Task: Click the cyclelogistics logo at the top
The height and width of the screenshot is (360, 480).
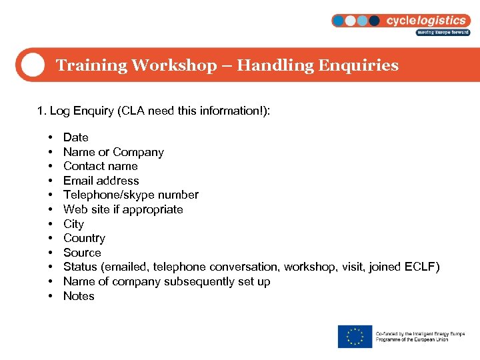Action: (401, 21)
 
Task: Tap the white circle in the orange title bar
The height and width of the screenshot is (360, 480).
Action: (32, 65)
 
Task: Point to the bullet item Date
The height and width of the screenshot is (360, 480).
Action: (75, 137)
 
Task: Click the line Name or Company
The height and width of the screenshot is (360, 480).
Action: (113, 152)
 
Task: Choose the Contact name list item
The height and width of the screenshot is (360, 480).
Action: (101, 166)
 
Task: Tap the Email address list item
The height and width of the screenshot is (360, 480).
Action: (101, 181)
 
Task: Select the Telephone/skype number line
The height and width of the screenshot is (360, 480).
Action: (131, 195)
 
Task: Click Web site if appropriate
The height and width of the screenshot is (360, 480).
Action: (123, 209)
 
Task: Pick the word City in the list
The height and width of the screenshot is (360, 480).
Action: (73, 224)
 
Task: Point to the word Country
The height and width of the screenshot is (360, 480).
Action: (84, 238)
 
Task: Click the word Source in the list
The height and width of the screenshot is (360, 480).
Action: (82, 253)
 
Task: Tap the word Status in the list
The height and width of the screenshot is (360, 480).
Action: (80, 267)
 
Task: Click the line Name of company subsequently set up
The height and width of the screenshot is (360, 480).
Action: (167, 281)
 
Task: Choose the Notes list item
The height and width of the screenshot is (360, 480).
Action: (79, 296)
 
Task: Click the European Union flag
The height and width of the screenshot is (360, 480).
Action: (355, 336)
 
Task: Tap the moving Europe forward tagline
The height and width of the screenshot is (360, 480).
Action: (443, 32)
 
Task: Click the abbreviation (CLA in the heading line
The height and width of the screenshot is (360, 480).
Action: (131, 111)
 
